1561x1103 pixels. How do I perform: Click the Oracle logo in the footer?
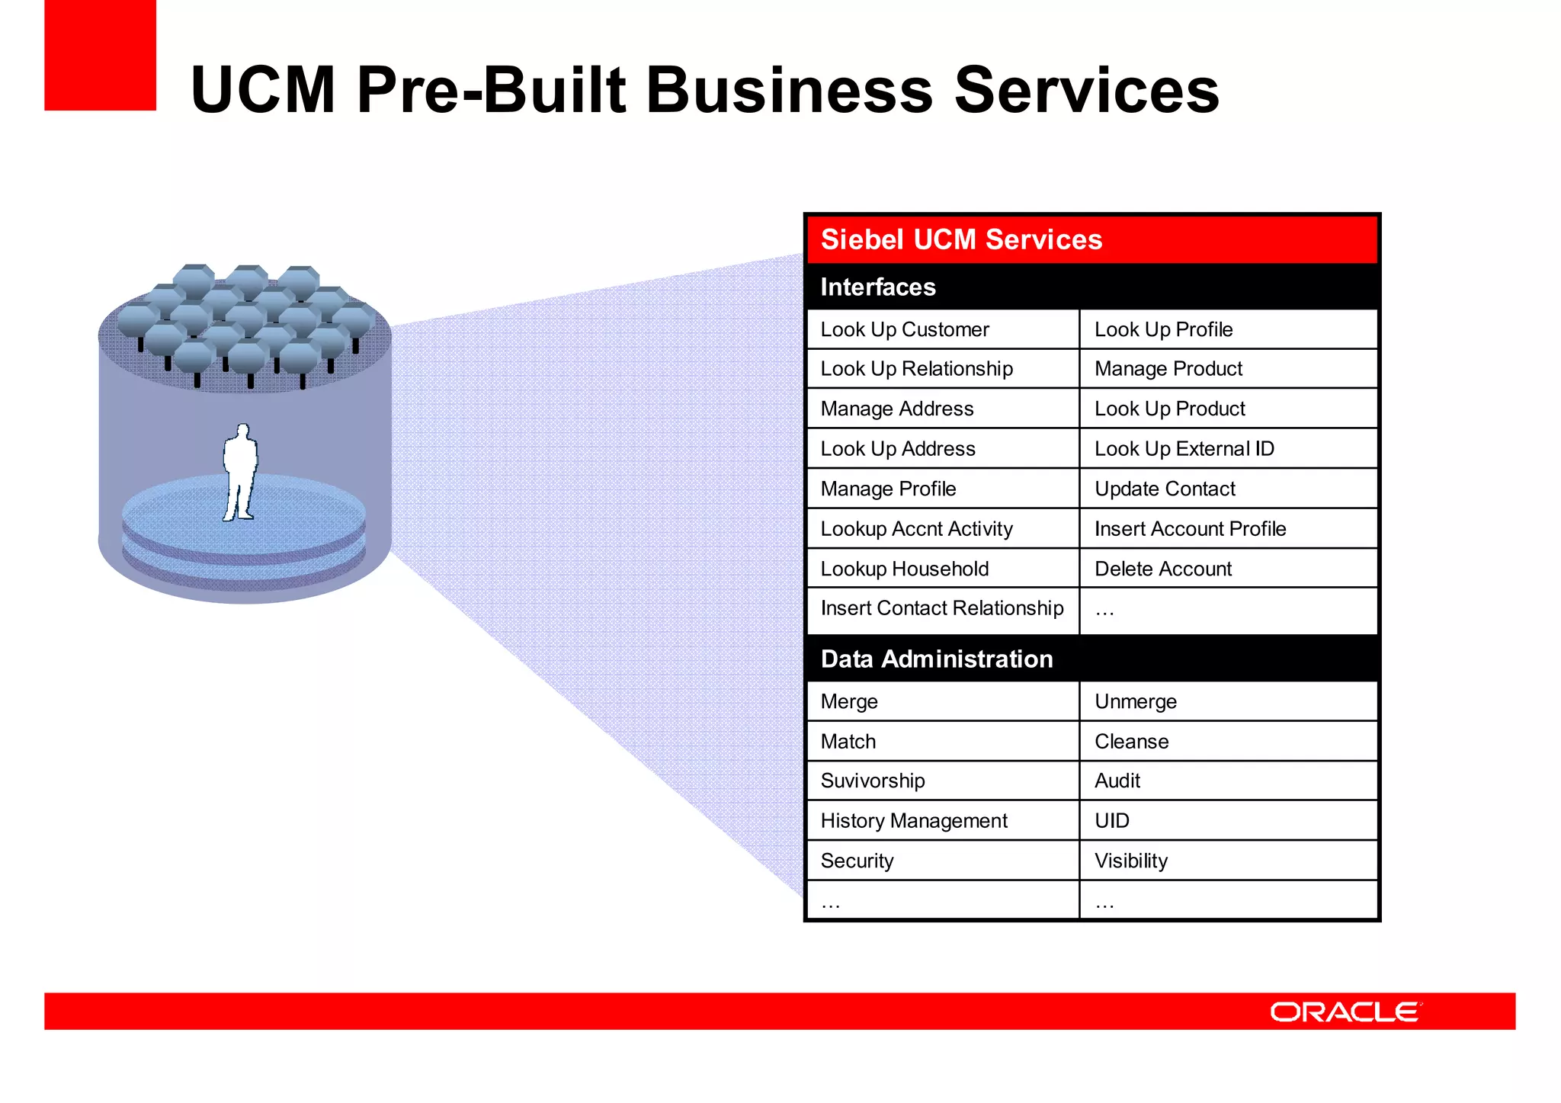click(1345, 1012)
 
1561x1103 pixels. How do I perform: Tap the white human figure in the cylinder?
click(240, 473)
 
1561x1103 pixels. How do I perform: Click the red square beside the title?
click(100, 55)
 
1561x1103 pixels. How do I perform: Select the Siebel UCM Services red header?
click(1091, 239)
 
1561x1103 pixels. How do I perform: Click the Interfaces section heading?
click(878, 287)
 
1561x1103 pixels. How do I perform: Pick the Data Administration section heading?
click(937, 659)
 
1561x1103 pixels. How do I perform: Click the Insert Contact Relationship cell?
click(942, 608)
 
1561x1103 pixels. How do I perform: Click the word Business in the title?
click(789, 90)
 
